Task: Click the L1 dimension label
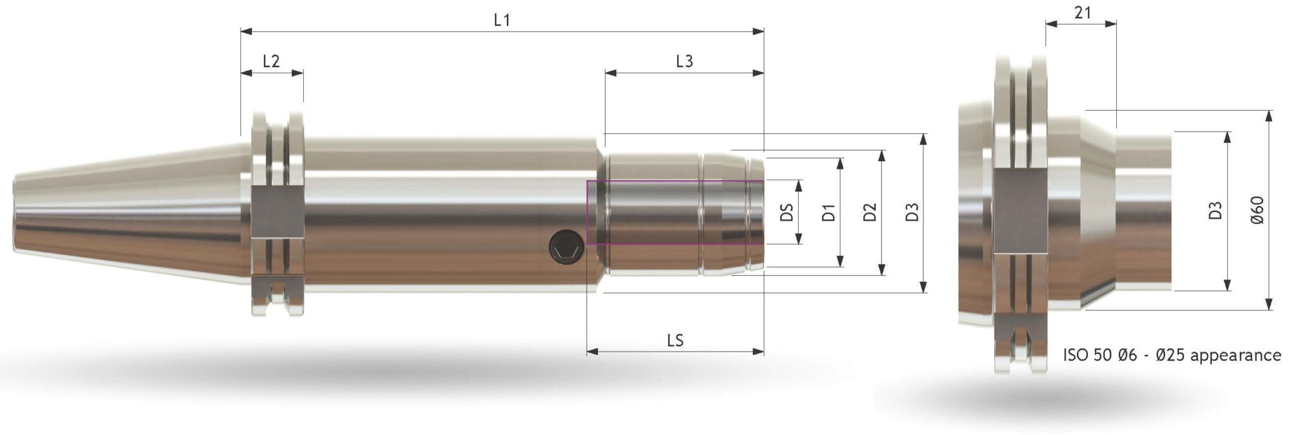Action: pyautogui.click(x=501, y=20)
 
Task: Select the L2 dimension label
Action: pyautogui.click(x=271, y=61)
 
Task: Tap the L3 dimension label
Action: pyautogui.click(x=684, y=61)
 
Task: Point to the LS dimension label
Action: pyautogui.click(x=675, y=340)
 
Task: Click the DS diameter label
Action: pyautogui.click(x=787, y=212)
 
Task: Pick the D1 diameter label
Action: pyautogui.click(x=828, y=212)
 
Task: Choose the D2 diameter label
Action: pyautogui.click(x=870, y=212)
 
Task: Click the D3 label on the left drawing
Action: pyautogui.click(x=912, y=212)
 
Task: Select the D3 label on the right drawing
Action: pyautogui.click(x=1214, y=211)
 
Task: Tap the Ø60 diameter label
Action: pyautogui.click(x=1257, y=211)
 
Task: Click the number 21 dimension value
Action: pyautogui.click(x=1082, y=13)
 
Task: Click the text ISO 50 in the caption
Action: pyautogui.click(x=1087, y=355)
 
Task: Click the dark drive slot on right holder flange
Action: pyautogui.click(x=1021, y=211)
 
